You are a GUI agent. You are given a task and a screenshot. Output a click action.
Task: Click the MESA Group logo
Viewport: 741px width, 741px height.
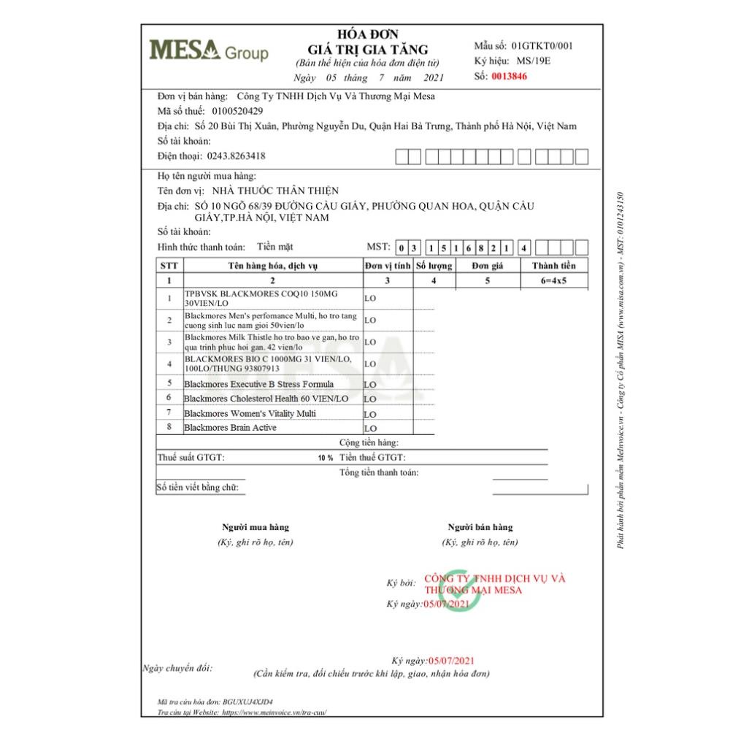pyautogui.click(x=209, y=51)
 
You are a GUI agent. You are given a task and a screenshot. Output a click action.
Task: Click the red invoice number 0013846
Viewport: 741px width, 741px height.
pyautogui.click(x=509, y=75)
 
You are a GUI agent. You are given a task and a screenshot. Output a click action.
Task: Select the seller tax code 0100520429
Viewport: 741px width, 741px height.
pyautogui.click(x=237, y=111)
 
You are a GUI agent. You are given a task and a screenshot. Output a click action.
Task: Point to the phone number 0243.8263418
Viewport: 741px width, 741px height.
pyautogui.click(x=237, y=156)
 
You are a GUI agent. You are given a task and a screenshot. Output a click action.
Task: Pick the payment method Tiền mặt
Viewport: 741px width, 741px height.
pyautogui.click(x=274, y=247)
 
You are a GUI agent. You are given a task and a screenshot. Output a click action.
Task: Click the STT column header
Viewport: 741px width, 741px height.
pyautogui.click(x=169, y=266)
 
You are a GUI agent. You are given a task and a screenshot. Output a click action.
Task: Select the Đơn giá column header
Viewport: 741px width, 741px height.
pyautogui.click(x=487, y=266)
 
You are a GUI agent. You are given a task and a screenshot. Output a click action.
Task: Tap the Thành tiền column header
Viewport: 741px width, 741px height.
pyautogui.click(x=554, y=266)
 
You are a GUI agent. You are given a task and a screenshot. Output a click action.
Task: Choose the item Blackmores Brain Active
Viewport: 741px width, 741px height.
pyautogui.click(x=230, y=428)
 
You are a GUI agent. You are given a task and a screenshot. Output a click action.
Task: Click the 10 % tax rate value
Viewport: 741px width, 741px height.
pyautogui.click(x=325, y=458)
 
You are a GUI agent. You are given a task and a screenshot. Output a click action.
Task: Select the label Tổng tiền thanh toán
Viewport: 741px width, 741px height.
pyautogui.click(x=379, y=472)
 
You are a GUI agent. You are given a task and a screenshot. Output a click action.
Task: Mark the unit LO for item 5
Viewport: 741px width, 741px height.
pyautogui.click(x=370, y=385)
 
